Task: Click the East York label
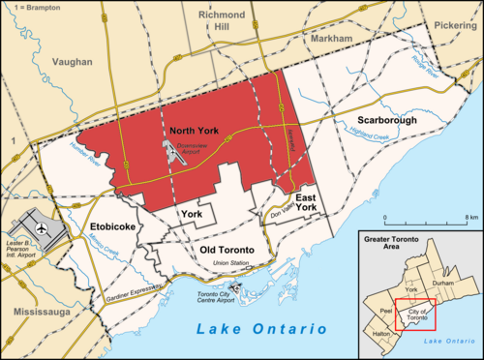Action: coord(307,201)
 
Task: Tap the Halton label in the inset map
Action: coord(383,334)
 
